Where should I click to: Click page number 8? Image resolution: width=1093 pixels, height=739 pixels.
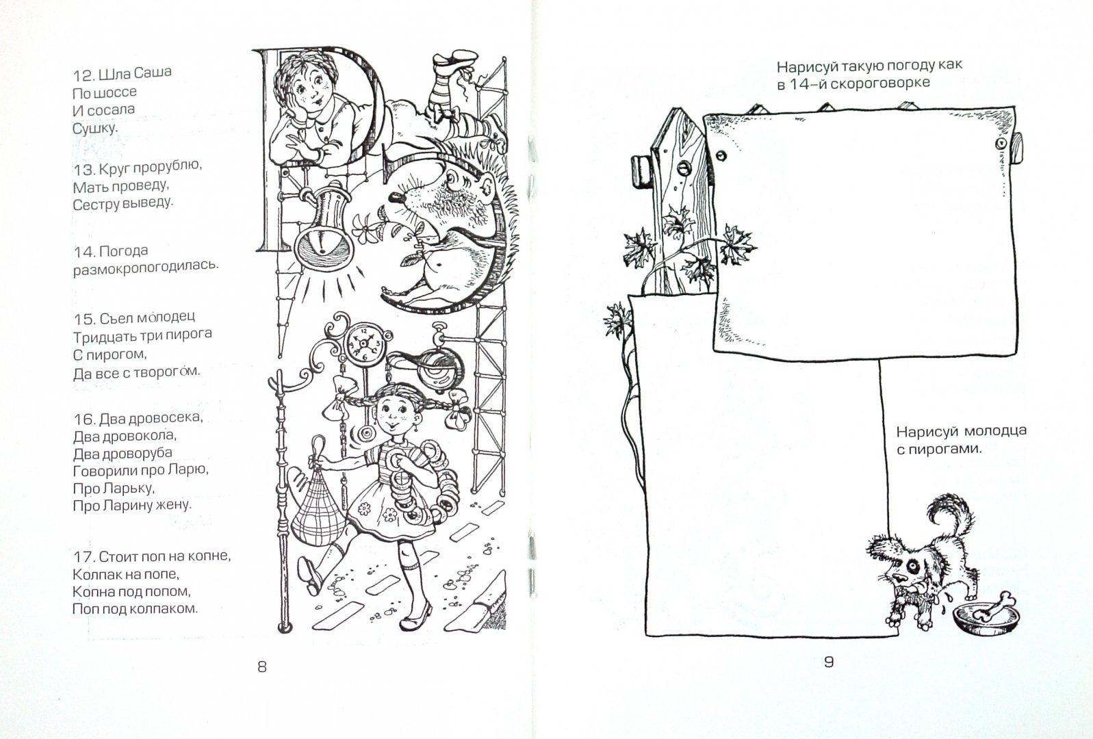[262, 666]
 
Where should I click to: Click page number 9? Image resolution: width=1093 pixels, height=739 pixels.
[829, 662]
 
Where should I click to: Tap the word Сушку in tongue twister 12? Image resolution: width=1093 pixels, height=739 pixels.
[95, 128]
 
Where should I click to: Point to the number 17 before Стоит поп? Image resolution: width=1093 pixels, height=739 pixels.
[82, 557]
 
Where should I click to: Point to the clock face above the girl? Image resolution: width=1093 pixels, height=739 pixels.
[363, 343]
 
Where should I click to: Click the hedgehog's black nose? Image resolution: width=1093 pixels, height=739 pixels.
[396, 197]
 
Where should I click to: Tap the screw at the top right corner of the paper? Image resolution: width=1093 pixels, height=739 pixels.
[1001, 144]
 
